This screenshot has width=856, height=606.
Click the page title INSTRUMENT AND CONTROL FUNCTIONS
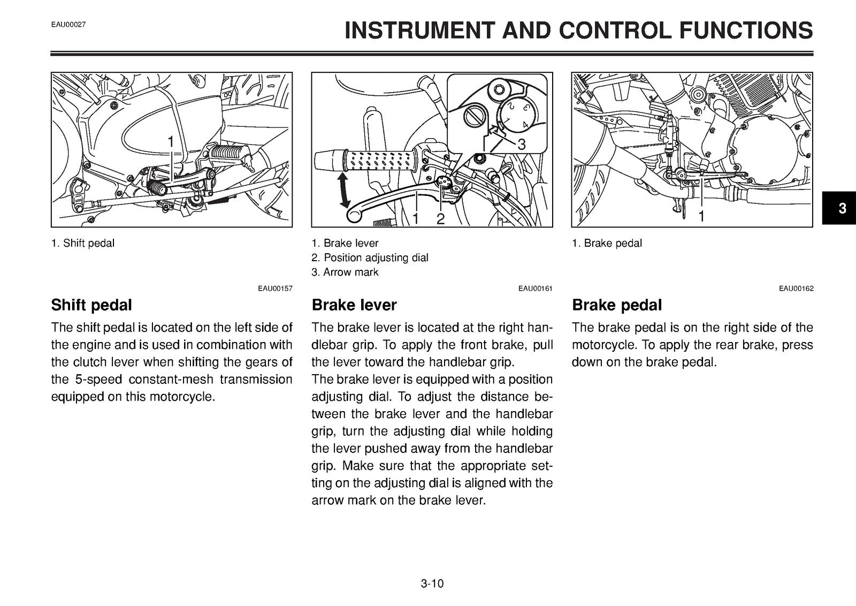point(578,30)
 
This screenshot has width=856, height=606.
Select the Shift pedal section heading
point(91,305)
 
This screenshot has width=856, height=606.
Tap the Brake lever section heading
point(354,305)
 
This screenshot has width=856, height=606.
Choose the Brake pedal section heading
point(617,305)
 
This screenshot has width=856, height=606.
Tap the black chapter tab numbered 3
point(839,208)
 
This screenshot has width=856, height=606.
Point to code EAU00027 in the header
point(68,25)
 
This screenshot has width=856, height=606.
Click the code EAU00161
point(536,289)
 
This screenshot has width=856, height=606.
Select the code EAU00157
point(275,289)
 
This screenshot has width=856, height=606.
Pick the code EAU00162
point(797,289)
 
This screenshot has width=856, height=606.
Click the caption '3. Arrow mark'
point(345,272)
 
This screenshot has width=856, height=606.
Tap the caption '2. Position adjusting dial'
point(370,257)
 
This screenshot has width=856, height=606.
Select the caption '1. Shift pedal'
point(83,243)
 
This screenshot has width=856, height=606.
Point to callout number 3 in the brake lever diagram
point(522,145)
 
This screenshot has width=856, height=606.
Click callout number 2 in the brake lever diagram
point(441,219)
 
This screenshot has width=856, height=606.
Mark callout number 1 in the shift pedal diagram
point(171,142)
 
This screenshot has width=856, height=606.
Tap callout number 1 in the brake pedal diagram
point(701,217)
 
